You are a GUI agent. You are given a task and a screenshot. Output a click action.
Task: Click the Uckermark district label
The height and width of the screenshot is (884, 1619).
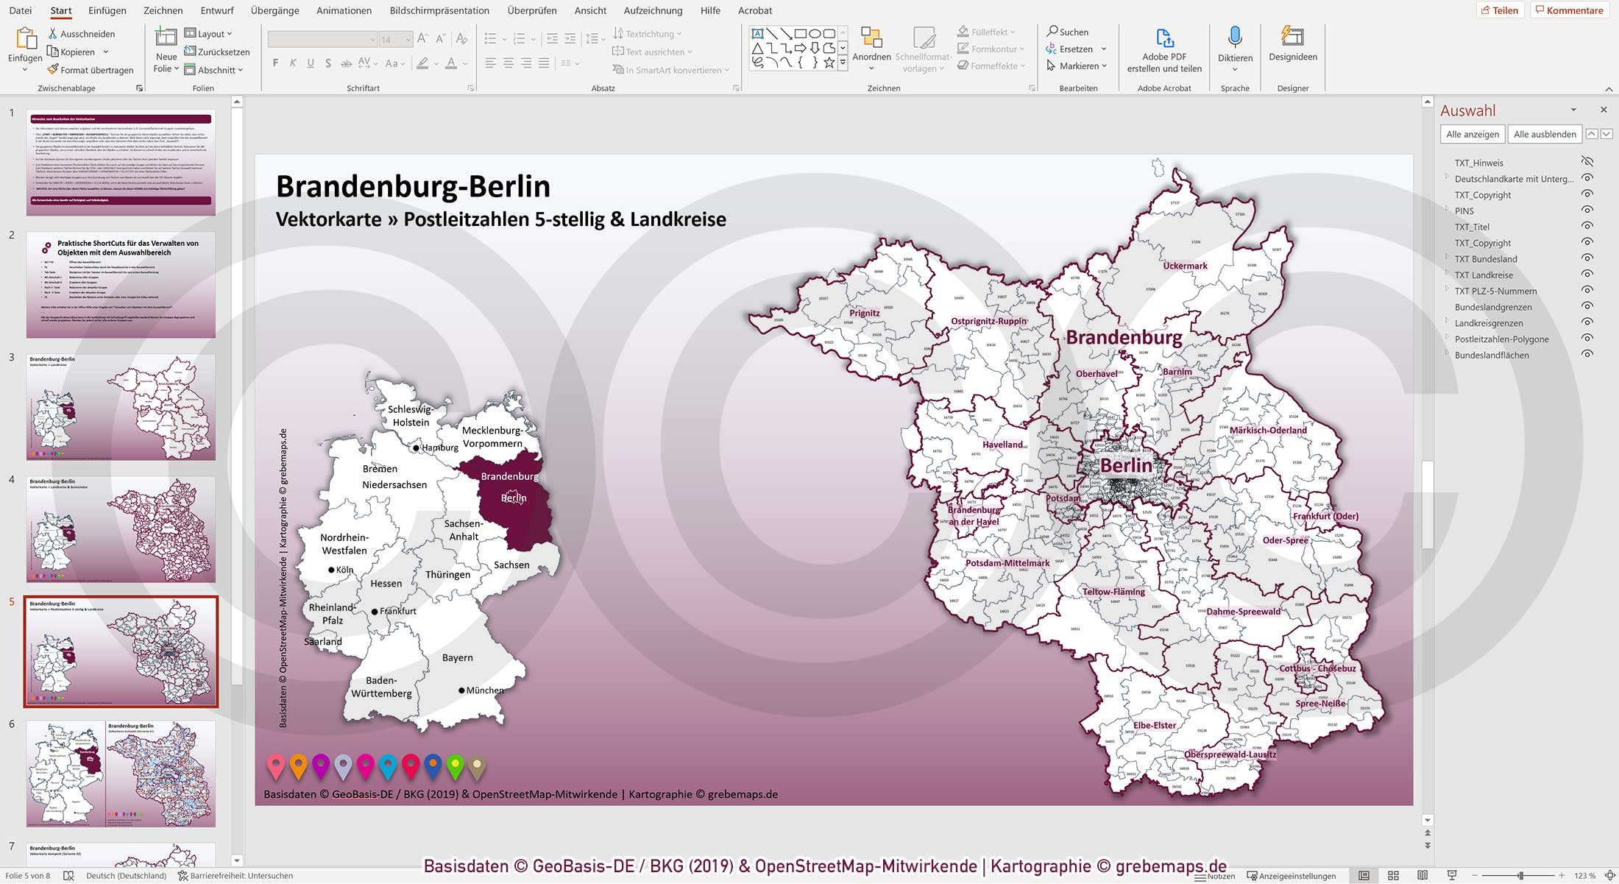point(1185,266)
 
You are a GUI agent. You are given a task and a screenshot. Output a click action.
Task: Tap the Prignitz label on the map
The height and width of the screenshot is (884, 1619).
point(864,313)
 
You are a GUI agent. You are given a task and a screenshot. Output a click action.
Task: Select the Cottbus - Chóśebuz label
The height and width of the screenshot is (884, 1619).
point(1317,668)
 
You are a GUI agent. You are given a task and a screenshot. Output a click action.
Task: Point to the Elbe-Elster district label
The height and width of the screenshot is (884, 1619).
point(1154,725)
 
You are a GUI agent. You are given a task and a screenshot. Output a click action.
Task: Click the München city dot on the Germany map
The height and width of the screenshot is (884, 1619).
point(461,690)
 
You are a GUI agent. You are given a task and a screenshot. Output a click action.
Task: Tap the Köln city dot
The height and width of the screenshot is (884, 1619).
point(331,570)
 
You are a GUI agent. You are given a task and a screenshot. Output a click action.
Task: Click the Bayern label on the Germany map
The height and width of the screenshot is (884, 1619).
point(457,657)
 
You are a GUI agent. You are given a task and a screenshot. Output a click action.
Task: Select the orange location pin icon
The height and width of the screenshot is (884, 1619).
point(298,765)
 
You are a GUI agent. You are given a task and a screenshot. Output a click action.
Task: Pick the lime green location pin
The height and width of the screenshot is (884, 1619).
point(455,765)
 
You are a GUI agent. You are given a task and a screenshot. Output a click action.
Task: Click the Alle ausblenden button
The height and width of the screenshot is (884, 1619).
point(1544,134)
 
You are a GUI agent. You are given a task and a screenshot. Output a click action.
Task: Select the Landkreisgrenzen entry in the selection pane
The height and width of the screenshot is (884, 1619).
point(1488,323)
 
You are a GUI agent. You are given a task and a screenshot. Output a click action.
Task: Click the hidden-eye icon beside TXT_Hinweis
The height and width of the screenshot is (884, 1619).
point(1587,162)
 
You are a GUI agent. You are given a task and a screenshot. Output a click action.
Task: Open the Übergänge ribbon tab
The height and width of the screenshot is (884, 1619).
point(274,10)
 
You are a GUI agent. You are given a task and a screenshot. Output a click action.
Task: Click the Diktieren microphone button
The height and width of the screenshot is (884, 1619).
point(1234,46)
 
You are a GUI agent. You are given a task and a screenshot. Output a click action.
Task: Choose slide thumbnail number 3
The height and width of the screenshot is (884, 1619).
point(121,406)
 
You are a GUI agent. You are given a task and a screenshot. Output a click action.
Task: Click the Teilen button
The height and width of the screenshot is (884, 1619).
point(1499,10)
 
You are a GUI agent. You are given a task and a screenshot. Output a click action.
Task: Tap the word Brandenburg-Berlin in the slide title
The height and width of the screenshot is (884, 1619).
point(412,186)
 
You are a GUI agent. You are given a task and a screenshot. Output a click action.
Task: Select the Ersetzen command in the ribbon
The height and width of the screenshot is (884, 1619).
point(1075,49)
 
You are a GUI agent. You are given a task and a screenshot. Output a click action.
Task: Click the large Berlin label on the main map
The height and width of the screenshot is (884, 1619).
point(1125,466)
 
